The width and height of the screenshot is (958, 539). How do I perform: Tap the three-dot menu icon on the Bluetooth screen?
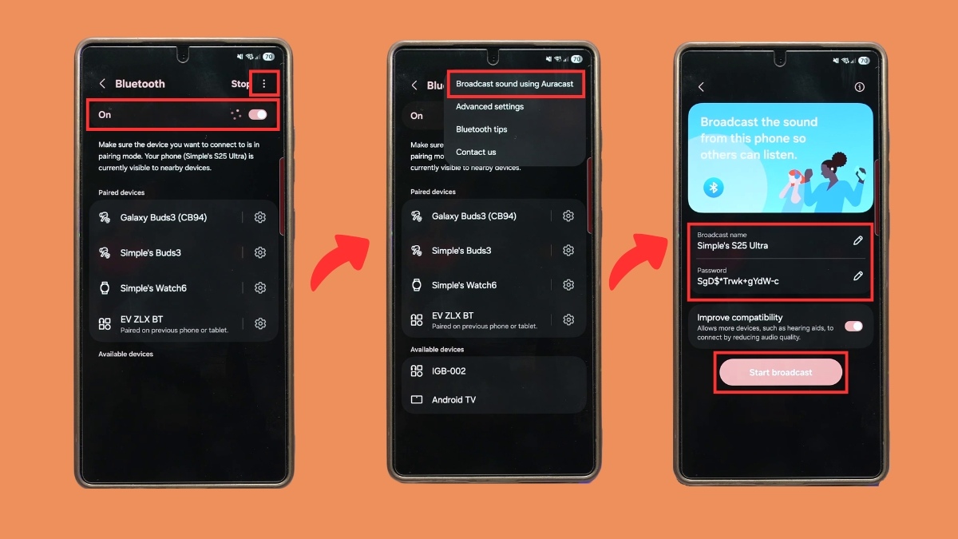264,83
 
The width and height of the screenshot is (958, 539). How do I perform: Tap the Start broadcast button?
781,372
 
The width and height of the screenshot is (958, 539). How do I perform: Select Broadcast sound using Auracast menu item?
514,84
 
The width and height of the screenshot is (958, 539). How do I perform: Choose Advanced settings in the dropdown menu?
489,106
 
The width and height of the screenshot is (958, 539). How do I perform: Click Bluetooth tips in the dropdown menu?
481,129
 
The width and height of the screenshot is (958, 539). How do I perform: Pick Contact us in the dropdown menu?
476,152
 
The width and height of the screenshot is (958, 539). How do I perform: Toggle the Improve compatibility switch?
853,327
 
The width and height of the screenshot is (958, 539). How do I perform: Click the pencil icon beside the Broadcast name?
857,241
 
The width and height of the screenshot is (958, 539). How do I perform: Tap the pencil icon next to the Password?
857,276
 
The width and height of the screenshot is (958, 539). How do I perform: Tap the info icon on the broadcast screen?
859,87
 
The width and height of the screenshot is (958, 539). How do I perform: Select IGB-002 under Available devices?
449,371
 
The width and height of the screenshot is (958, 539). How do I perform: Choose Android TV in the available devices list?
453,399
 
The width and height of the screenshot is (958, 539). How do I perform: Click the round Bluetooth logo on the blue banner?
714,188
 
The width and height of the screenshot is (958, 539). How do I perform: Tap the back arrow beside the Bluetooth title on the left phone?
102,83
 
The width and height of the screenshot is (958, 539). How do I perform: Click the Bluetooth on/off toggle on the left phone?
257,114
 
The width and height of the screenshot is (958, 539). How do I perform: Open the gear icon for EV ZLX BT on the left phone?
260,323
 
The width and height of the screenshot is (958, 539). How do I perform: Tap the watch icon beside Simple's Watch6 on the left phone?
105,288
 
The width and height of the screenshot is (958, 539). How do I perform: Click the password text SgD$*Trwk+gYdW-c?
738,281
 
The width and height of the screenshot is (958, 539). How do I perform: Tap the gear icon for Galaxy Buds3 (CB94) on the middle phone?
568,216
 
